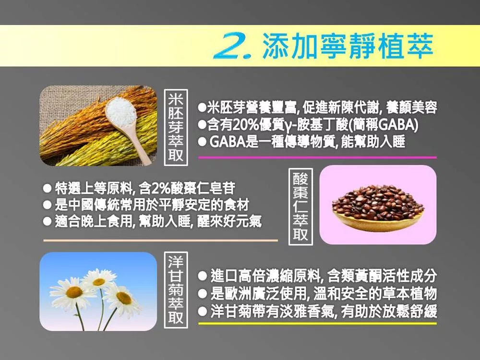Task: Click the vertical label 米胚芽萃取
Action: (x=176, y=127)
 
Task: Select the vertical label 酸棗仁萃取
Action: (x=300, y=206)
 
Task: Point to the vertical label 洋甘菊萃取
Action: (x=176, y=290)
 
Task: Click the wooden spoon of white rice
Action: (x=125, y=122)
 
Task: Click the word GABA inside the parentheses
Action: (x=396, y=124)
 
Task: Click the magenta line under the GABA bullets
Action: (x=317, y=157)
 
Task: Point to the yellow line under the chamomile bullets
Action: (x=317, y=323)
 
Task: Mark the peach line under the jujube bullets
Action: (x=161, y=240)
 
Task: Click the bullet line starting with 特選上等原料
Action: (x=139, y=188)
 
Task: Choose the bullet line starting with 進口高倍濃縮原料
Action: (x=317, y=276)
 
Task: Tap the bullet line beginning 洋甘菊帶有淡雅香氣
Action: (x=317, y=312)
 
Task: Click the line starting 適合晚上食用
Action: (x=152, y=221)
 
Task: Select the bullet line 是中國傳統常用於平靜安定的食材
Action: (x=146, y=205)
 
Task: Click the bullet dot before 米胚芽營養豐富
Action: (x=202, y=108)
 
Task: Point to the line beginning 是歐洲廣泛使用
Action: (x=317, y=294)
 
